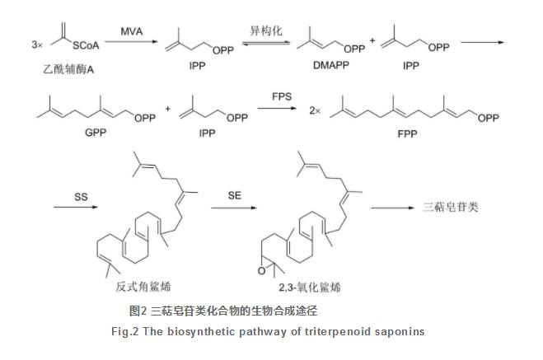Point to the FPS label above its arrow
pos(282,98)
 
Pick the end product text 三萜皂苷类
pos(449,208)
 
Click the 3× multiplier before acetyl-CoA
pos(16,44)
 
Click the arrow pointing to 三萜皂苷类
pos(399,208)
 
